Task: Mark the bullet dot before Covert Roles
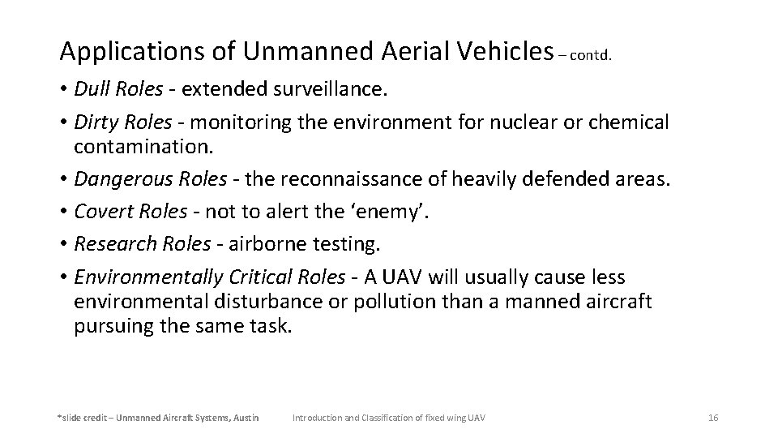(x=63, y=211)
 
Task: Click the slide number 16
(x=713, y=417)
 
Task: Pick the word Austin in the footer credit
(x=244, y=417)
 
